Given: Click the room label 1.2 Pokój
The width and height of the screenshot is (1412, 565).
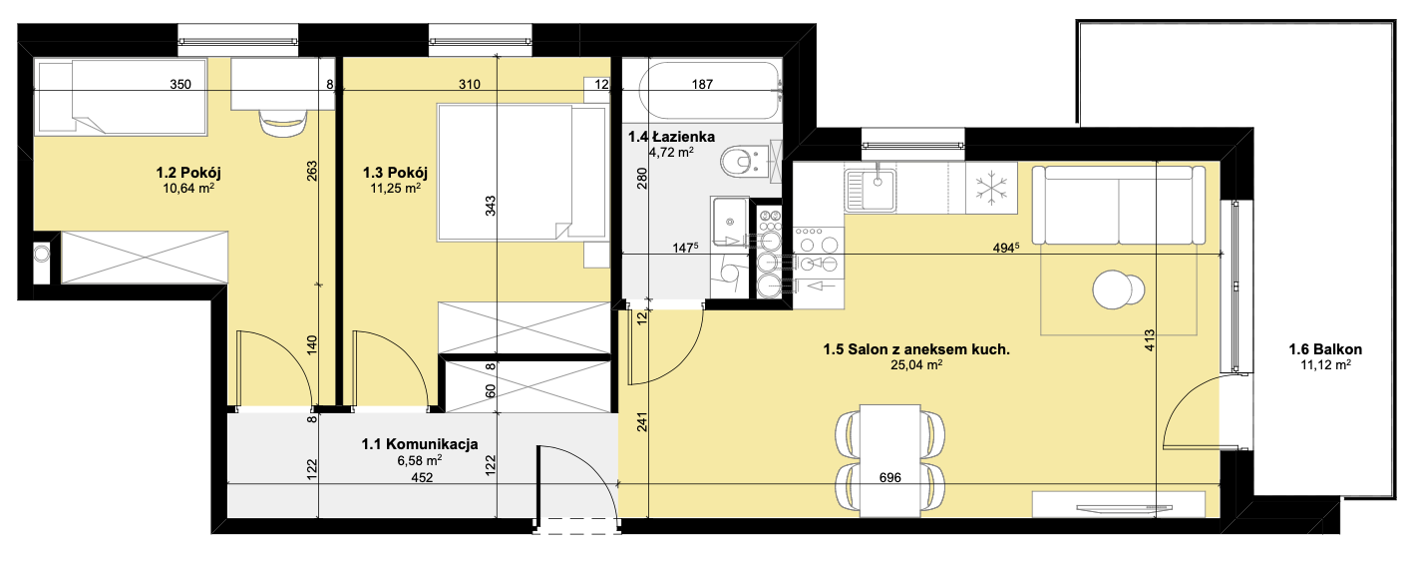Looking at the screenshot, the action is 188,173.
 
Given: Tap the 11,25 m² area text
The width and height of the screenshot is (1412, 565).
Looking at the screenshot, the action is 395,188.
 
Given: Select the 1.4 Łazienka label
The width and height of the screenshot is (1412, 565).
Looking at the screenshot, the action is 671,137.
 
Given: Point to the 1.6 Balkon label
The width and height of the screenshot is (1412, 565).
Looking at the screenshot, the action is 1325,349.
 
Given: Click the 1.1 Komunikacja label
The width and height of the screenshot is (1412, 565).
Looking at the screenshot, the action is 420,444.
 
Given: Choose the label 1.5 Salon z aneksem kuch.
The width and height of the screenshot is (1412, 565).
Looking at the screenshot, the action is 916,349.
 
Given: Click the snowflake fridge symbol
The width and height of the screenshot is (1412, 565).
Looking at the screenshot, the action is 991,188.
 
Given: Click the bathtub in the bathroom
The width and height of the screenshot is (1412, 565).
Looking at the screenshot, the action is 711,90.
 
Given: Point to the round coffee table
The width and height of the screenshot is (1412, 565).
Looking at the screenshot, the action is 1118,289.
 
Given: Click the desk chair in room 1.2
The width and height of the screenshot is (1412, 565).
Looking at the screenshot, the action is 283,121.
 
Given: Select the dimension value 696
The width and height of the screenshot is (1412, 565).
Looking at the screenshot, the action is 890,478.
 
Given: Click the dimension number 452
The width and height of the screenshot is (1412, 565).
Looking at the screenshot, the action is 422,478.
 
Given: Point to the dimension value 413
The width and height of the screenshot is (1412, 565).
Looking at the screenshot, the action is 1149,340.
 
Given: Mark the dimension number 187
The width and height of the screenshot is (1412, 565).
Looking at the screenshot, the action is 702,84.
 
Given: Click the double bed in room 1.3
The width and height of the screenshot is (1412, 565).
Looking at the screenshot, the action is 522,173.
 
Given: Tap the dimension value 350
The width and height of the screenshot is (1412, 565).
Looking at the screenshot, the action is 180,84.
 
